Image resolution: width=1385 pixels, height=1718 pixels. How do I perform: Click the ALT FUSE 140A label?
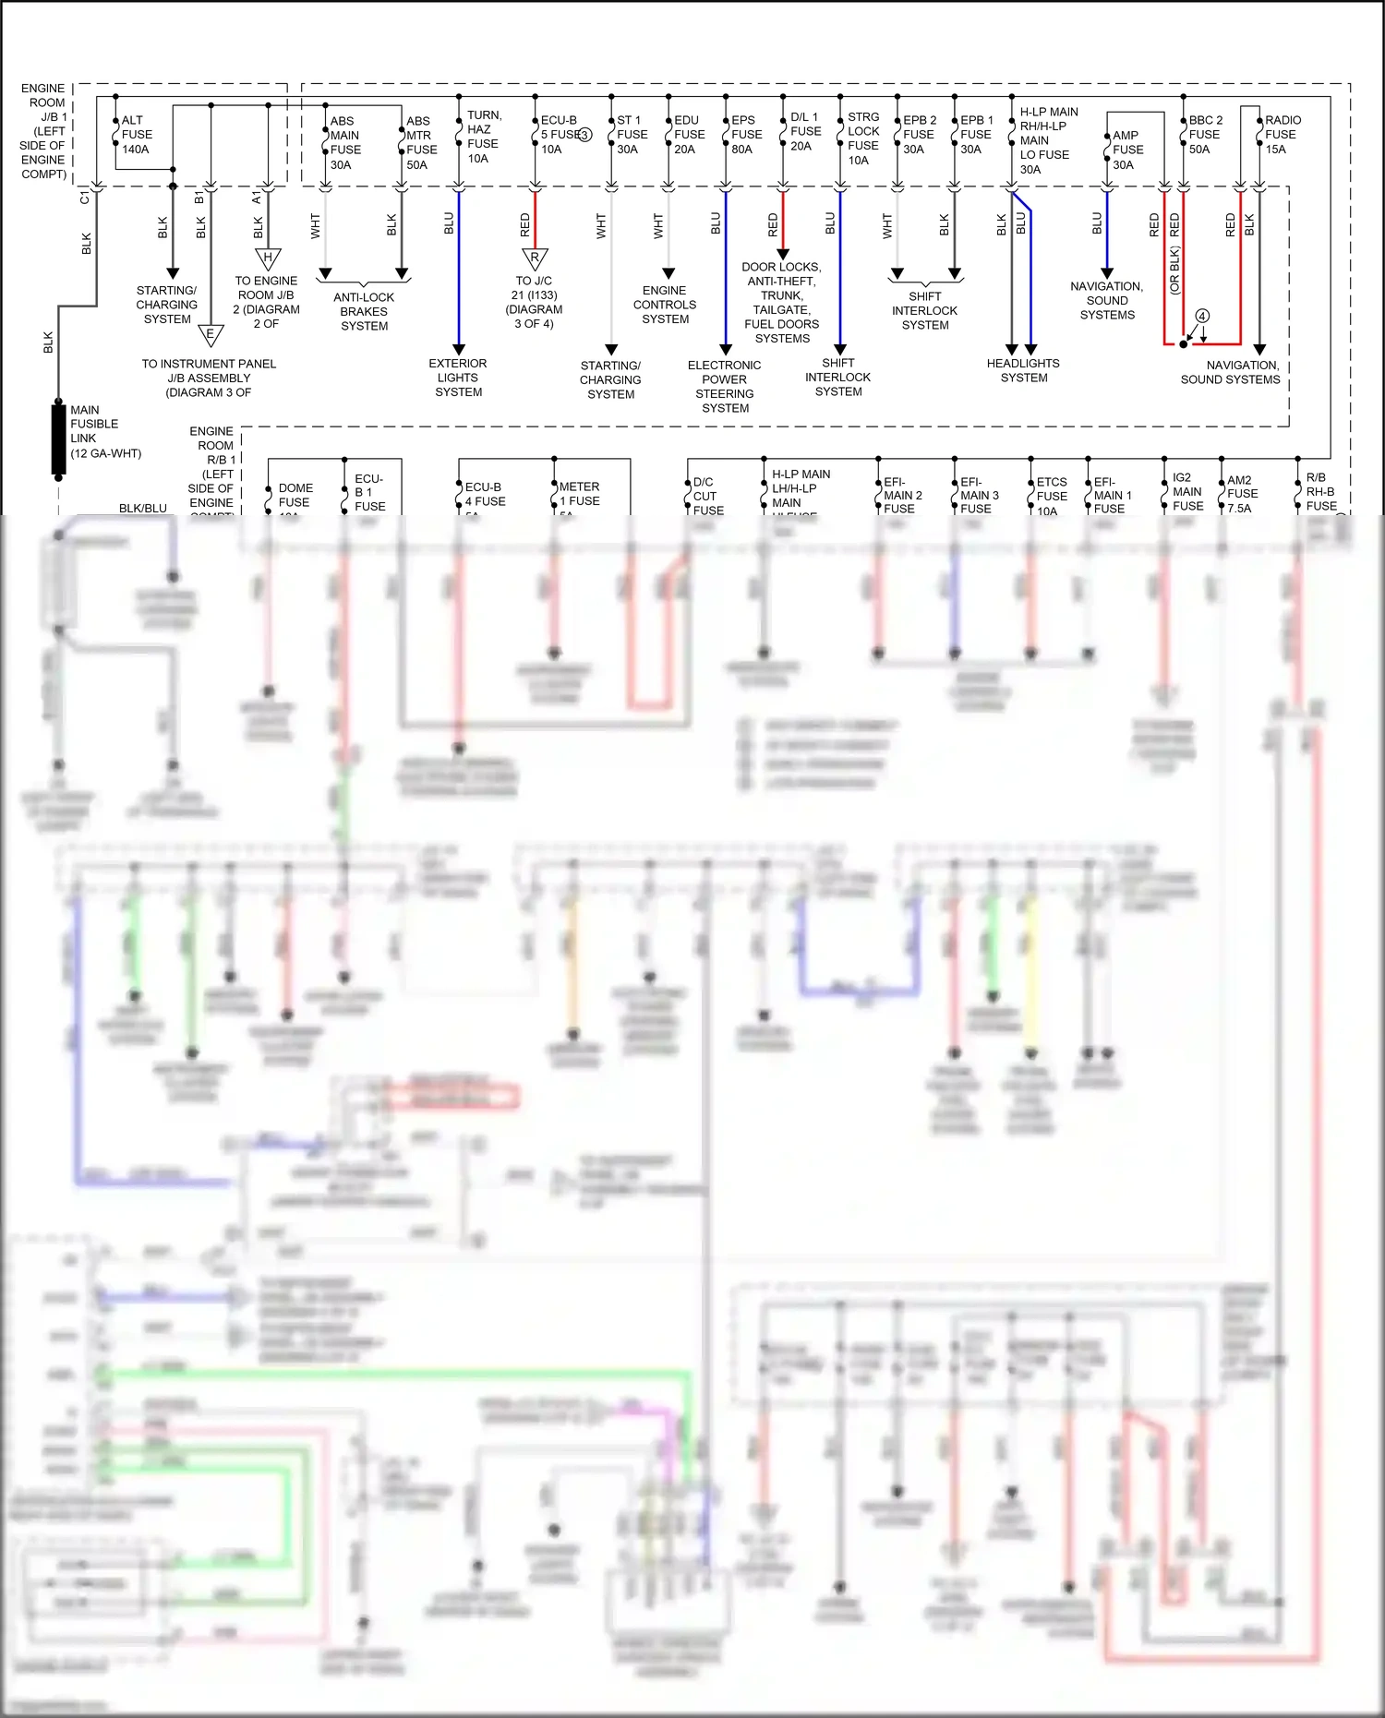tap(136, 135)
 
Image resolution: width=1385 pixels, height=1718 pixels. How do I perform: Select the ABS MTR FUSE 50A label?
tap(421, 143)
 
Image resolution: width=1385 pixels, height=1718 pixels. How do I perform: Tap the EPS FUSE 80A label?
tap(746, 135)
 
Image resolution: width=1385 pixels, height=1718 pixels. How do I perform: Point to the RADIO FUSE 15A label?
tap(1282, 135)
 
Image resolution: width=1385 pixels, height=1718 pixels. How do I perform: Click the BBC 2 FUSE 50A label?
tap(1204, 135)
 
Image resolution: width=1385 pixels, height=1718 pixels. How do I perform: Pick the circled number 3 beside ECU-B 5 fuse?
tap(584, 135)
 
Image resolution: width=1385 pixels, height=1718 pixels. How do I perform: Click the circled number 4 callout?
tap(1202, 316)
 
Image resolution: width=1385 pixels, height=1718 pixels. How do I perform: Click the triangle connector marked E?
tap(211, 334)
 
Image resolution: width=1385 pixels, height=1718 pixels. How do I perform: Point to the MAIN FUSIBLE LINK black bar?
tap(58, 439)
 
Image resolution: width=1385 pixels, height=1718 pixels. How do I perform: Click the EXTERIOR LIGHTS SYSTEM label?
tap(458, 378)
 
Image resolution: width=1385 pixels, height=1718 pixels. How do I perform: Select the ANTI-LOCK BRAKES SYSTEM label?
tap(364, 311)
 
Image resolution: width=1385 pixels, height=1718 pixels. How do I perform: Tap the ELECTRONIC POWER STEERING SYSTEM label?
tap(725, 387)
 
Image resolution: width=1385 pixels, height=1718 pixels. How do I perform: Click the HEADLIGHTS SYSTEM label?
tap(1023, 370)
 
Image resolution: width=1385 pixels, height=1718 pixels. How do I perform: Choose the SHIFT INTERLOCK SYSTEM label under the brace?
tap(924, 311)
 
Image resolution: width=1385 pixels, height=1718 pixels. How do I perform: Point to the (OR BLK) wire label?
tap(1174, 270)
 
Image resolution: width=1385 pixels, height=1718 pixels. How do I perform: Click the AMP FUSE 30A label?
tap(1126, 150)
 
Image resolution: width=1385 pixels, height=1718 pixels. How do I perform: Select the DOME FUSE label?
tap(295, 496)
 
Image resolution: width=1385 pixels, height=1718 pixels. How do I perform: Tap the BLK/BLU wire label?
tap(143, 509)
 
